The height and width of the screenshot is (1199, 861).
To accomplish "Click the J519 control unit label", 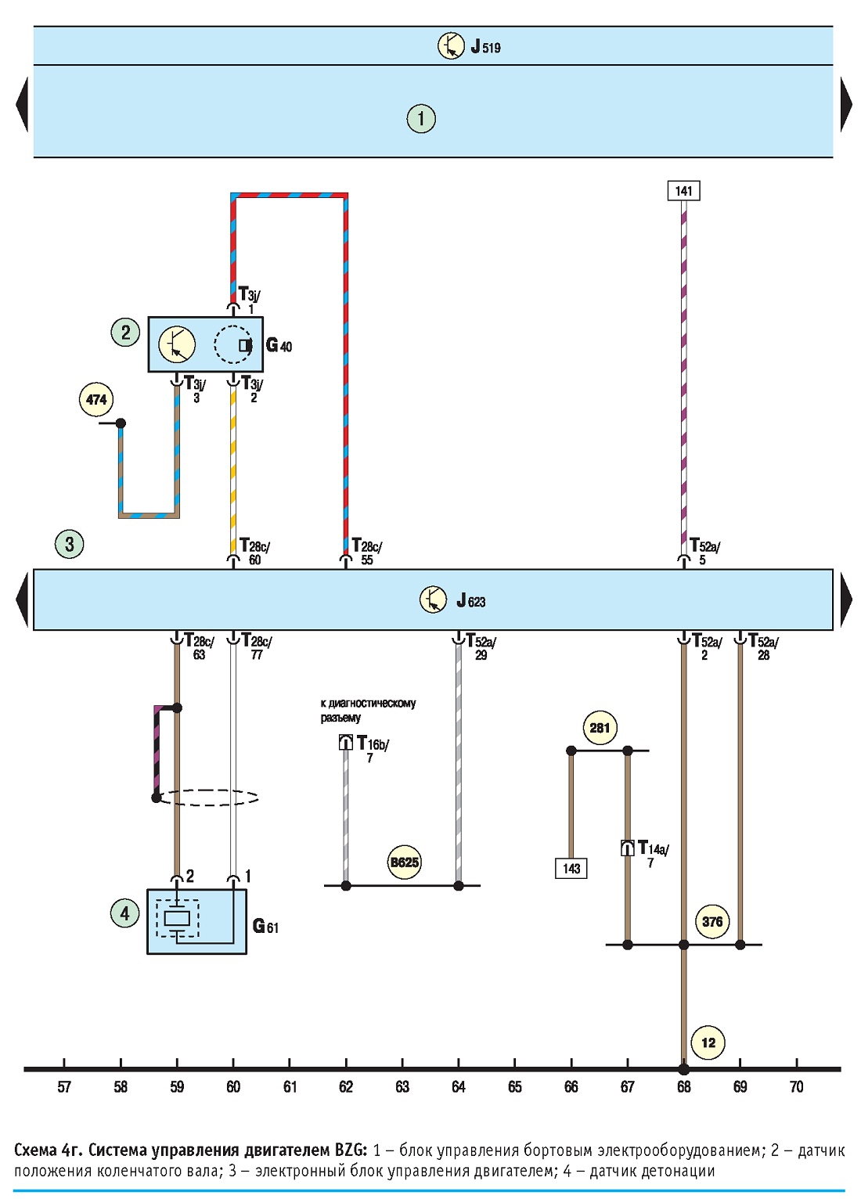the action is click(485, 47).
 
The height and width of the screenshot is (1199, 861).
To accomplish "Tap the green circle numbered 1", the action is click(421, 118).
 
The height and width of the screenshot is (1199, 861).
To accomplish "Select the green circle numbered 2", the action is click(125, 333).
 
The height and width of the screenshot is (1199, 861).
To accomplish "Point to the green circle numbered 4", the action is click(124, 913).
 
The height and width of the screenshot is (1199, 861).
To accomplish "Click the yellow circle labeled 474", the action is click(96, 399).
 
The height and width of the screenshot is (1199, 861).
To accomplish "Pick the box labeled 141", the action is click(684, 191).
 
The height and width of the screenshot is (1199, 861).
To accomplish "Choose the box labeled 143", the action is click(571, 868).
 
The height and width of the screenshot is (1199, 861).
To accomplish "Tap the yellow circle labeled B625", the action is click(405, 862).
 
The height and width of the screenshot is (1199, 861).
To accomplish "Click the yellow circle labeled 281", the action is click(600, 728).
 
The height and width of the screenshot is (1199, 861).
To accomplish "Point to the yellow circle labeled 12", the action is click(708, 1042).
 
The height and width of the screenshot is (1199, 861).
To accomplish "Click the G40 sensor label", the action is click(279, 345).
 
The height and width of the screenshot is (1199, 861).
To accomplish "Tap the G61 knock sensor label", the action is click(265, 926).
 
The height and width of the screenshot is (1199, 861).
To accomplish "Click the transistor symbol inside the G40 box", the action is click(177, 344).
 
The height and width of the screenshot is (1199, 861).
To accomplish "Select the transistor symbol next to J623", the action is click(433, 599).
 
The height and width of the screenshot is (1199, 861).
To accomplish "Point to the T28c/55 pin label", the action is click(367, 552).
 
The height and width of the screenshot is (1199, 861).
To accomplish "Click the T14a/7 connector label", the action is click(654, 855).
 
